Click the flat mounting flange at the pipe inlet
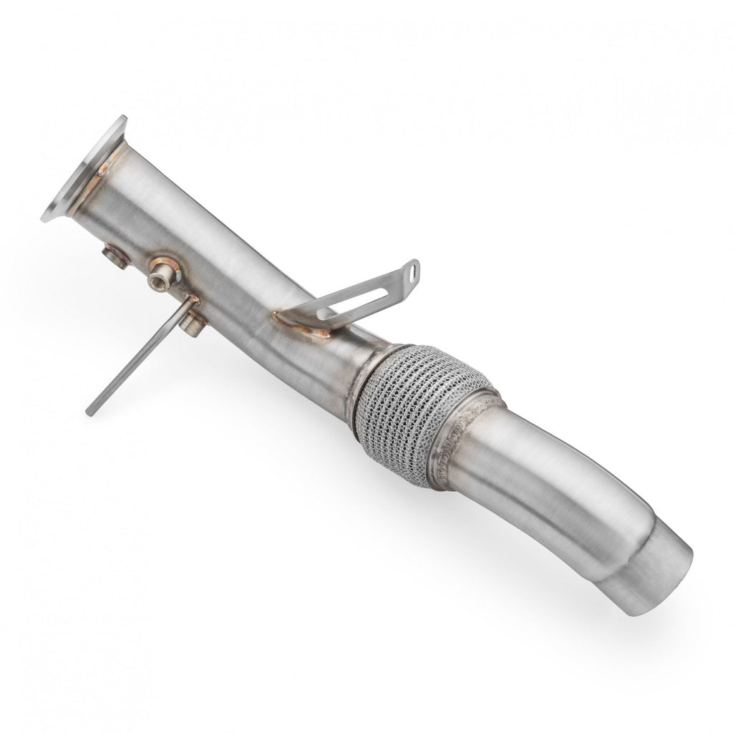point(75,172)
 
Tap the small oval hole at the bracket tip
point(412,271)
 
